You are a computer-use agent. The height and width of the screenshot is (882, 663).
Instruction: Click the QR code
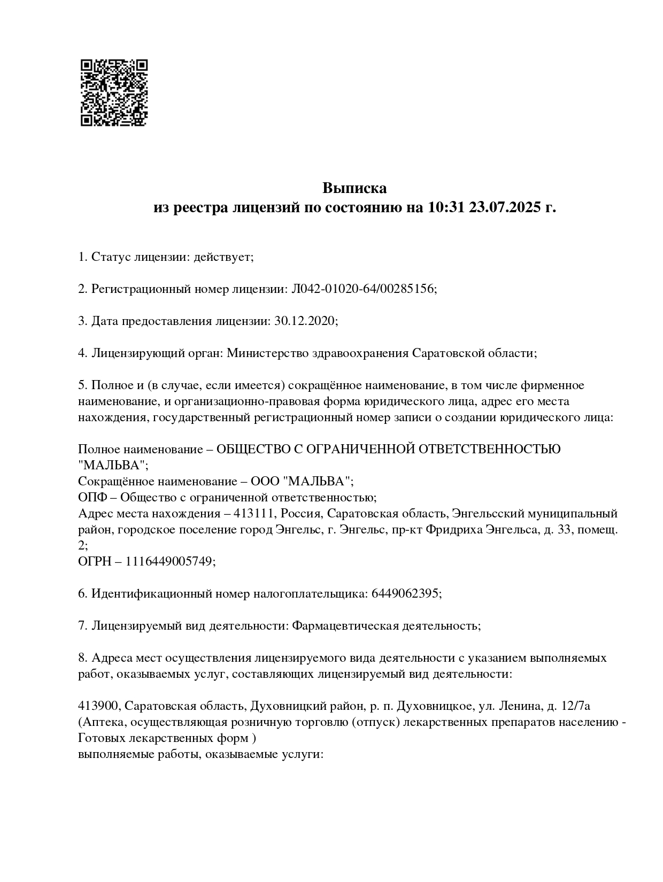coord(114,92)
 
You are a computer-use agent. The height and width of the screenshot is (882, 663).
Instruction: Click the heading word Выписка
coord(354,188)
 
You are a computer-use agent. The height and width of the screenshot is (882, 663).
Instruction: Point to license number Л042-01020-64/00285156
coord(363,289)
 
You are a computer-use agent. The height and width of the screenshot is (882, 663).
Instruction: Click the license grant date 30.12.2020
coord(305,321)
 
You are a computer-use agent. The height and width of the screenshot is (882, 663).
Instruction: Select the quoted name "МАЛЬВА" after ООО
coord(319,481)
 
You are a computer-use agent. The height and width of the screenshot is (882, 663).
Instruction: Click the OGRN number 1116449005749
coord(169,561)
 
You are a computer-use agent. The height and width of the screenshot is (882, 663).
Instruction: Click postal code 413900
coord(98,706)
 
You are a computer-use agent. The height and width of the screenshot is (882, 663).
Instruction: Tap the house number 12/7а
coord(576,706)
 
